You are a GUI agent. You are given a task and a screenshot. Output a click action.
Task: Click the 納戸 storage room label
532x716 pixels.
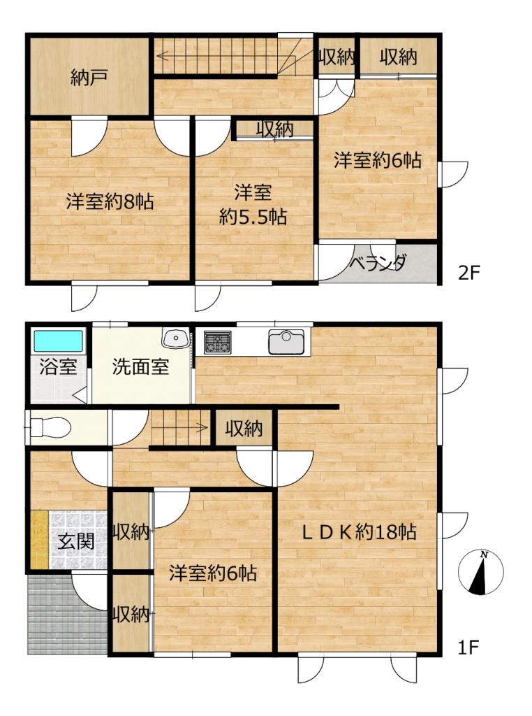pos(89,78)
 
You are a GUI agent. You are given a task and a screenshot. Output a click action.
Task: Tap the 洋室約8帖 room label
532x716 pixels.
pos(110,201)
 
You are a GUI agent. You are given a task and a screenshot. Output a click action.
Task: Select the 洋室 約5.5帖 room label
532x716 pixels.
pos(253,205)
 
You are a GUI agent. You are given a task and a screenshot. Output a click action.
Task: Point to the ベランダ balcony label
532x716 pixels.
pos(378,264)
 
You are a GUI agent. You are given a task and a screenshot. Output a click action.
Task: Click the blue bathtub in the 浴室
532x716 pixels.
pos(58,341)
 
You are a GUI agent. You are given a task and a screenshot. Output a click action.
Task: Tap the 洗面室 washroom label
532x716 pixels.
pos(140,367)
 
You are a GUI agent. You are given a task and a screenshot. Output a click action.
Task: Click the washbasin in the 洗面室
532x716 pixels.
pos(175,338)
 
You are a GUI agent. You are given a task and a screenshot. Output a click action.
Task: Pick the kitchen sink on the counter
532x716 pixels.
pos(286,341)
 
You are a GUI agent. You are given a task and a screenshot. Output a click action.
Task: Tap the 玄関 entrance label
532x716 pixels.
pos(75,542)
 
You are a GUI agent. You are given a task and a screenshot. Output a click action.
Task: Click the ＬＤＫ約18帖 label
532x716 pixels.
pos(360,532)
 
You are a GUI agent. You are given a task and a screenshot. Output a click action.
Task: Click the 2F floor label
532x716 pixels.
pos(469,273)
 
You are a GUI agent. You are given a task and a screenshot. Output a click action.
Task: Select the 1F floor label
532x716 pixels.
pos(468,647)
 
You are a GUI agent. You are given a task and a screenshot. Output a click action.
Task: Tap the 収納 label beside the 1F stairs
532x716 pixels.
pos(244,429)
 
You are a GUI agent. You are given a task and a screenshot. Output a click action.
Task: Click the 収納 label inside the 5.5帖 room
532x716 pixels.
pos(274,129)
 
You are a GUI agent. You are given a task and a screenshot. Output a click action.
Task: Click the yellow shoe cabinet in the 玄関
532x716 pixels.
pos(39,540)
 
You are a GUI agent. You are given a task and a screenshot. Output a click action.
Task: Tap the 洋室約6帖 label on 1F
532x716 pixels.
pos(213,573)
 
